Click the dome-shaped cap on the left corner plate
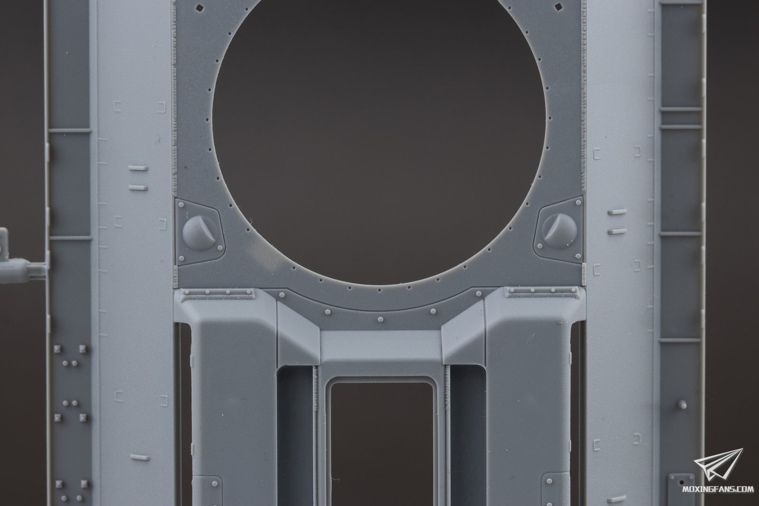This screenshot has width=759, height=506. coord(200,233)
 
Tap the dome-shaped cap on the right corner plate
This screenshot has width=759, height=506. coord(559,231)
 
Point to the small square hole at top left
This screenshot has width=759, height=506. coord(200,8)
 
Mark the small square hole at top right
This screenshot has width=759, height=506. coord(558,6)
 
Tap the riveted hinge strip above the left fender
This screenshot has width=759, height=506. coord(218,294)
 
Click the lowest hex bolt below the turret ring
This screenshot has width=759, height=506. coord(381,319)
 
